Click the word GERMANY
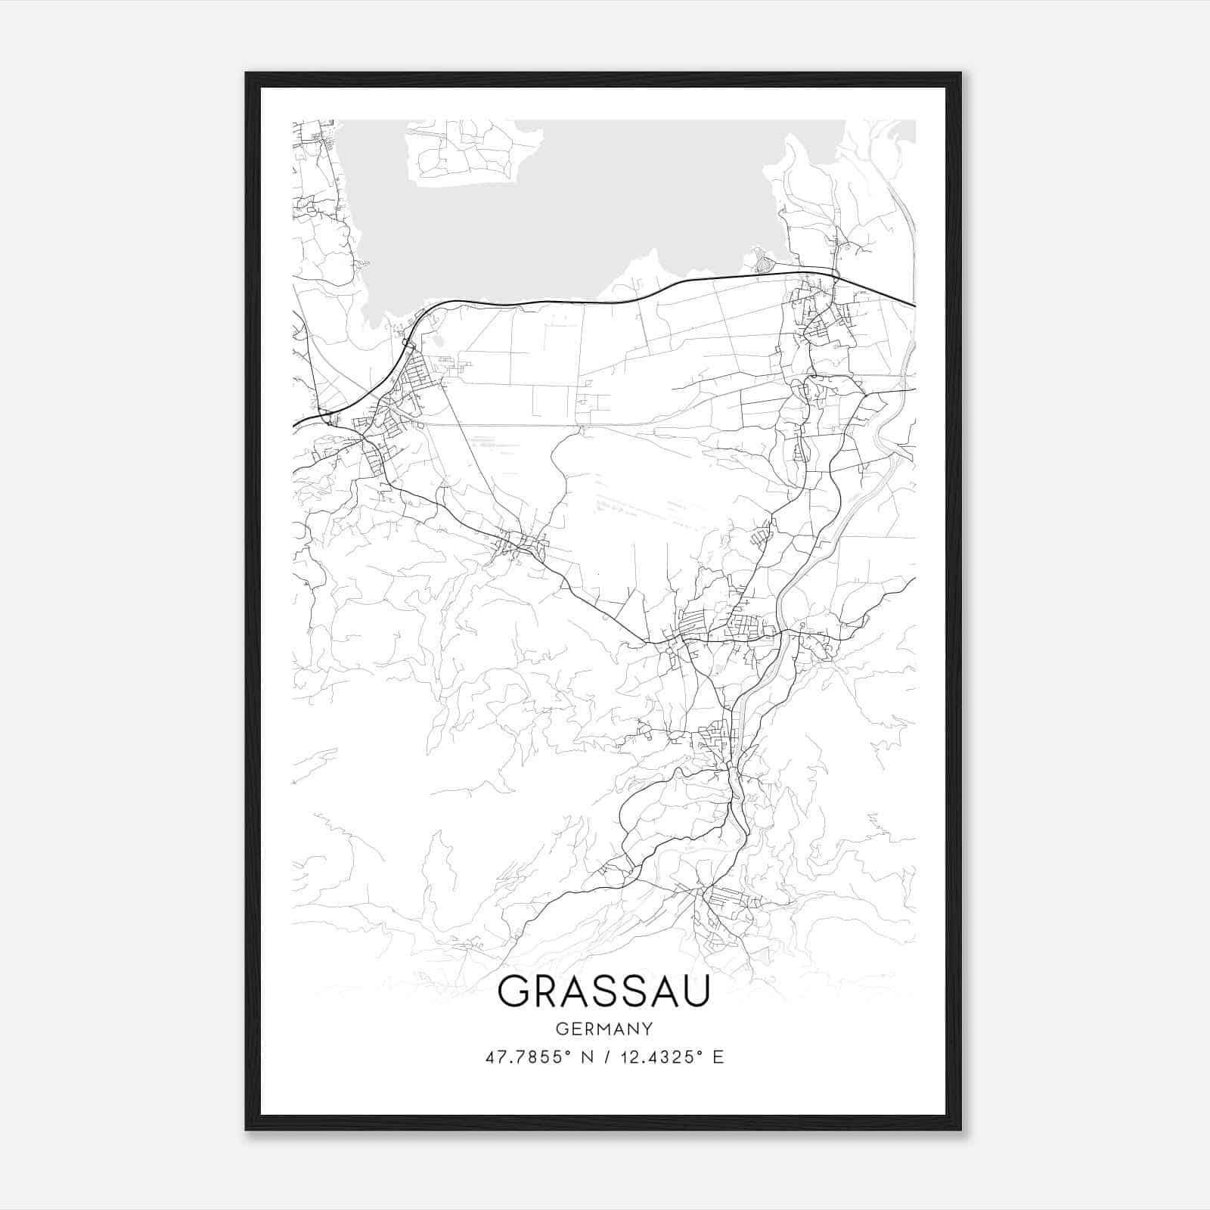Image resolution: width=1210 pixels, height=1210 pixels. coord(603,1028)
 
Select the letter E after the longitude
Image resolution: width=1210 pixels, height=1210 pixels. coord(718,1057)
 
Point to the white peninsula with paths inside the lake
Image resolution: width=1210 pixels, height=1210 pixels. coord(469,155)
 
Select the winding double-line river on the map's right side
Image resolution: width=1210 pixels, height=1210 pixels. coord(832,522)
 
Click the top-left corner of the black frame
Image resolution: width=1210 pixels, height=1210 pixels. coord(247,74)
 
